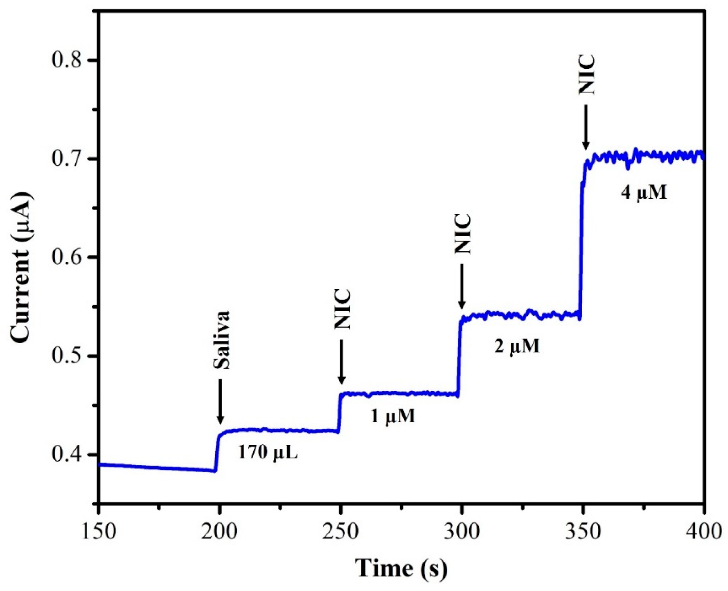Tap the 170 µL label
[x=268, y=452]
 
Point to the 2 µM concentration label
[x=517, y=346]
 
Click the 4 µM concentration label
[x=644, y=193]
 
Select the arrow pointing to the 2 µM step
[x=462, y=286]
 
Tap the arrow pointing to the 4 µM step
[x=586, y=127]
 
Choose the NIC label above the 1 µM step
[x=343, y=309]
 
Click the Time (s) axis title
[x=401, y=568]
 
